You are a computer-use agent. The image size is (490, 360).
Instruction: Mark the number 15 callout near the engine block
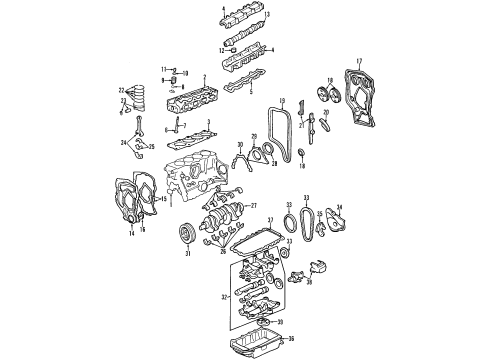point(166,200)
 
